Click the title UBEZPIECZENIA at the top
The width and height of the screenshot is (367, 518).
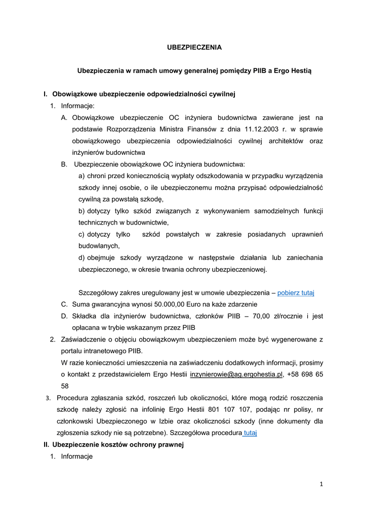[194, 47]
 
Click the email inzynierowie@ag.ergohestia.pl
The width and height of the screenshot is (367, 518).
[235, 374]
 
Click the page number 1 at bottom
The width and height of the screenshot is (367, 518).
[321, 484]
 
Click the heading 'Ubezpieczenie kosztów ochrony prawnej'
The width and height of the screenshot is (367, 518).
[118, 445]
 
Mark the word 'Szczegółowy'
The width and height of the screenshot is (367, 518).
[99, 292]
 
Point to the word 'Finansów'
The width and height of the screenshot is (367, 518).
[203, 129]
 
